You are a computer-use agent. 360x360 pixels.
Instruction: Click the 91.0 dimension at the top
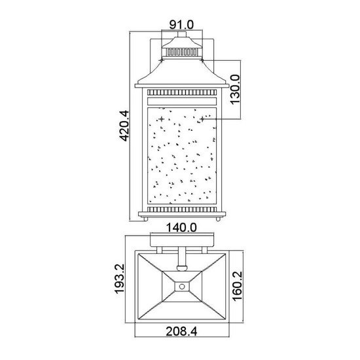181,24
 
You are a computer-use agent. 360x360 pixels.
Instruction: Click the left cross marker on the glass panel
154,118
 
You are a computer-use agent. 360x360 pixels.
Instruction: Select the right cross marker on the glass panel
202,118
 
